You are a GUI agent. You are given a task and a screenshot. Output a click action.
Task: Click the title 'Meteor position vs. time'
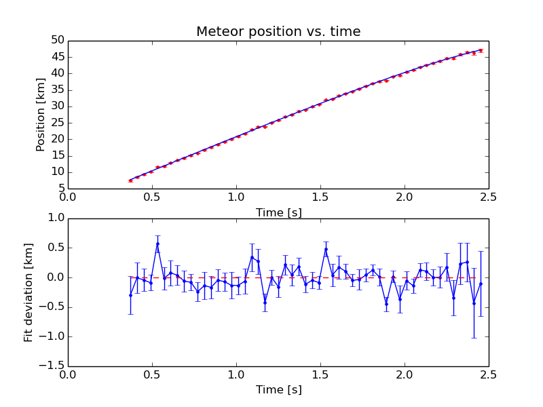[278, 32]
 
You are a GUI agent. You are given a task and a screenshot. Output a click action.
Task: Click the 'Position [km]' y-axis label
[40, 114]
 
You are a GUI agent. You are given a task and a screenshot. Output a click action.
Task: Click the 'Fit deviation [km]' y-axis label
[29, 292]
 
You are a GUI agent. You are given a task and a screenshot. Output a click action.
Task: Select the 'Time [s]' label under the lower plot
[278, 389]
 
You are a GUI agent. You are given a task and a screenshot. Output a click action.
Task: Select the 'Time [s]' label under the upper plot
[278, 212]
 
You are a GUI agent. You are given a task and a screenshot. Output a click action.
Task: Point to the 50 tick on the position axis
[56, 41]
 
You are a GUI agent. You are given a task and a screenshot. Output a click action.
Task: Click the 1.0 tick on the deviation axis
[54, 218]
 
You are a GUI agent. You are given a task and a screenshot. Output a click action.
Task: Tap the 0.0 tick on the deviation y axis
[54, 277]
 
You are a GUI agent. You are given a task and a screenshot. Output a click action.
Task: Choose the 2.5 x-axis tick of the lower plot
[488, 375]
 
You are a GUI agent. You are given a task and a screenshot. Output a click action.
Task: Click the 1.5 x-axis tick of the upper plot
[320, 197]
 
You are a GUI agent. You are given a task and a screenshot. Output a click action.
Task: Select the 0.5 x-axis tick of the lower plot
[152, 375]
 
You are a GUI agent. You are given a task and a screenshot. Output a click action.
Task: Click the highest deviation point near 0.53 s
[157, 244]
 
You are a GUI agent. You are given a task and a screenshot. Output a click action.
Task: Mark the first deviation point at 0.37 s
[130, 295]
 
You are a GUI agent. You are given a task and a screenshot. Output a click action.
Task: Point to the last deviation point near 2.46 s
[481, 284]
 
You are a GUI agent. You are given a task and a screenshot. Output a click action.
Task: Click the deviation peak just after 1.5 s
[326, 249]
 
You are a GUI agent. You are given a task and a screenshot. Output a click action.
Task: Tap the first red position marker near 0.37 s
[130, 180]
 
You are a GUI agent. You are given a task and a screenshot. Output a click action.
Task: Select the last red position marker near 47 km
[481, 50]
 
